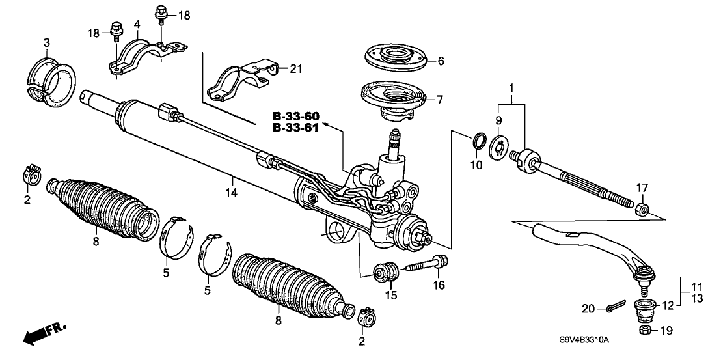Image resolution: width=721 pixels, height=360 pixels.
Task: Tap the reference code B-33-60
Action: coord(296,117)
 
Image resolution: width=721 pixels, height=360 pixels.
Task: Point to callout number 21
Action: coord(296,68)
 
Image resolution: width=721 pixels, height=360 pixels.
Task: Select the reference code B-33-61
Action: coord(296,128)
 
